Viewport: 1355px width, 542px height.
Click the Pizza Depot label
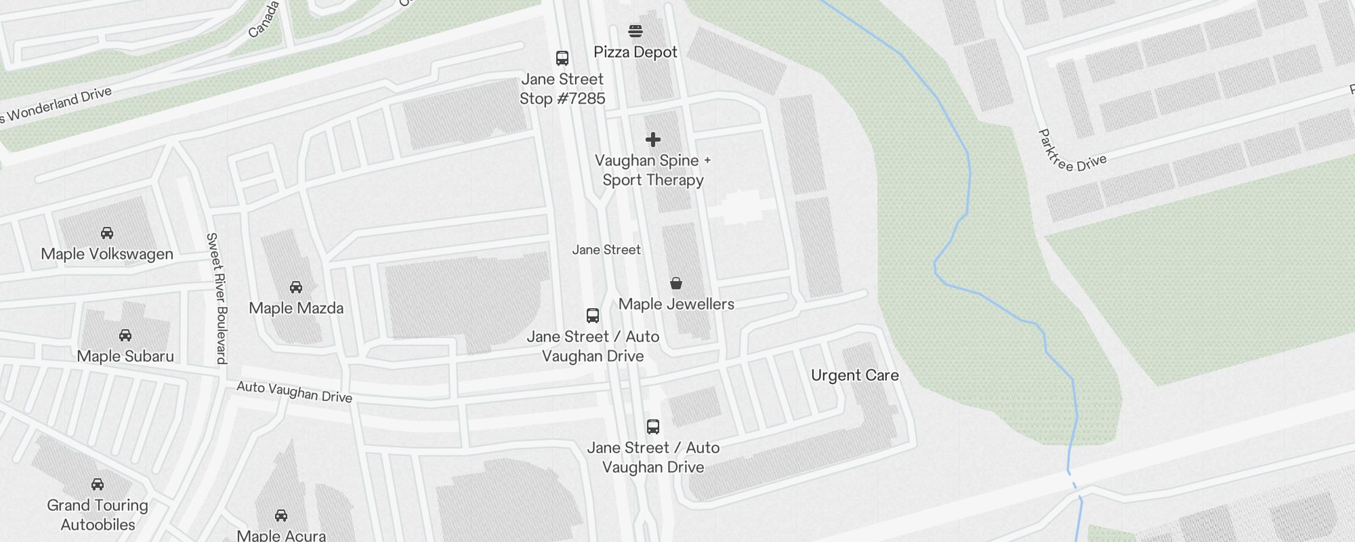[635, 52]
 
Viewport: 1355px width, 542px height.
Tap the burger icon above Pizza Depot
[635, 31]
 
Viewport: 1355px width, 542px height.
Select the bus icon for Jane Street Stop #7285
[562, 58]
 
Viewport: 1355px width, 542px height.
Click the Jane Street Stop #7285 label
[562, 89]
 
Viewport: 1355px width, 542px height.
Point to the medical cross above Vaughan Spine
[653, 140]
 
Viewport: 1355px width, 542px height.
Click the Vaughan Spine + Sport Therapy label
[653, 170]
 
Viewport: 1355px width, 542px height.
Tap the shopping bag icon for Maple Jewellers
[676, 283]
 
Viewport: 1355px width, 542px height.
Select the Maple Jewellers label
[676, 304]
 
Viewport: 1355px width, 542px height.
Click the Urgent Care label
[854, 375]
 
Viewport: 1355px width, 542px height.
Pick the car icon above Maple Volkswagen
[107, 233]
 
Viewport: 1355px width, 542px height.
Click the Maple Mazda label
[296, 308]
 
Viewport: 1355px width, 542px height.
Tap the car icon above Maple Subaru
[125, 335]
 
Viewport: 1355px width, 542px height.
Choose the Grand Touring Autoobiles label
[98, 515]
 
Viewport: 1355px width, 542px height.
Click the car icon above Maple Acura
[281, 516]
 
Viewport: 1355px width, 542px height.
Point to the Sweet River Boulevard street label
[217, 298]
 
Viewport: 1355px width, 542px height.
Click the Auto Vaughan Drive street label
[294, 392]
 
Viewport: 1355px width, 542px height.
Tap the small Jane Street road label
[606, 250]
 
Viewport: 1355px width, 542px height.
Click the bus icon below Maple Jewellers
[593, 316]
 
